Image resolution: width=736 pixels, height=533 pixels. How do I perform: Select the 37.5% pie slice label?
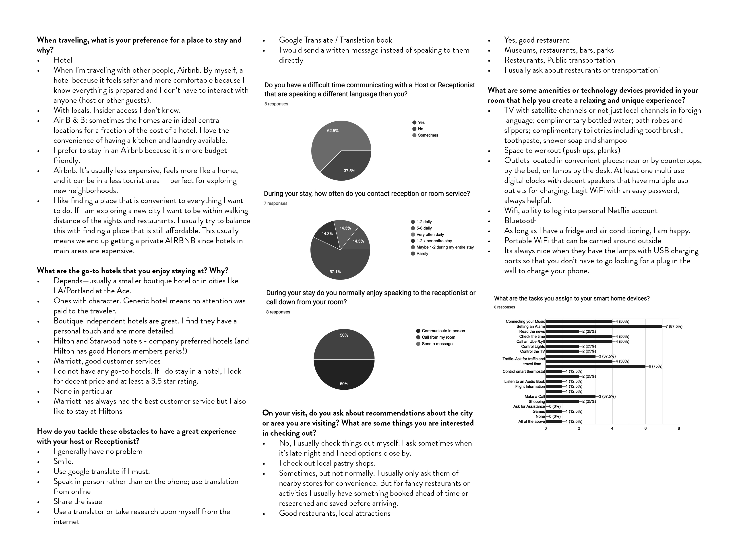349,171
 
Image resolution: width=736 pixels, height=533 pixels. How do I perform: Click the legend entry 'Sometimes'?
428,135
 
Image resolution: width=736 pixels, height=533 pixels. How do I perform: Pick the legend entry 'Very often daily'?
430,235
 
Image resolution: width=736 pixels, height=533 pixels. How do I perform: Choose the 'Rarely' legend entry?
422,254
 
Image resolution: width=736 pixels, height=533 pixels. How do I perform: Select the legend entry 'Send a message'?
437,344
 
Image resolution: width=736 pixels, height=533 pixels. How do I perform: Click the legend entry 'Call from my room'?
438,337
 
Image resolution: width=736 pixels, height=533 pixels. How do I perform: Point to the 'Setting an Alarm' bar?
604,327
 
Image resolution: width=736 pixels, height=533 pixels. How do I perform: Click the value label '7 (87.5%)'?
674,327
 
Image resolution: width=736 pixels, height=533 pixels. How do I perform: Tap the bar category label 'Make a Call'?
534,396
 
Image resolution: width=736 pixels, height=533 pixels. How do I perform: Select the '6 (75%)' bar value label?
655,366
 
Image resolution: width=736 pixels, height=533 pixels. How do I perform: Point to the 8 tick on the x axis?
678,428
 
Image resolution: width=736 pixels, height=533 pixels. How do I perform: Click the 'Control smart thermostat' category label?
523,371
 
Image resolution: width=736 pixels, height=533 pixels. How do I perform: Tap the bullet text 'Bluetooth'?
520,221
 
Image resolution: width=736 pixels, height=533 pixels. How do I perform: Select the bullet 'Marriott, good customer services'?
107,361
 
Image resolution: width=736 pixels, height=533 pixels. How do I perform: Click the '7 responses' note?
275,203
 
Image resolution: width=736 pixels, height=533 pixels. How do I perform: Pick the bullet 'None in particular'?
83,391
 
